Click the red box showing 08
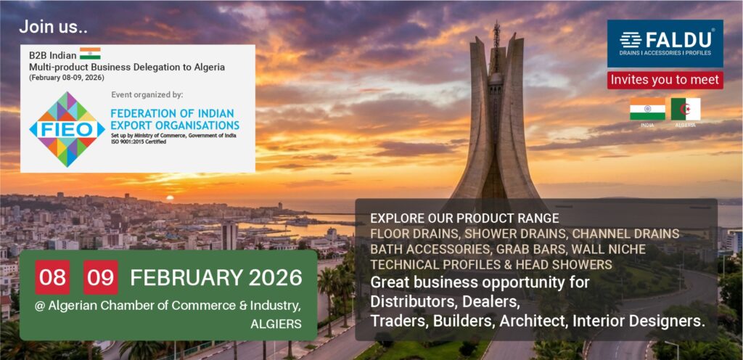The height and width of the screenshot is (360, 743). coord(52,277)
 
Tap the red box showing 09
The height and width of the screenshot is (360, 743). coord(101,277)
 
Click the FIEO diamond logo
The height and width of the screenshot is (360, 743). coord(66,129)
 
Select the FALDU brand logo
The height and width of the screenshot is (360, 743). coord(665,43)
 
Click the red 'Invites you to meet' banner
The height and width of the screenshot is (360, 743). coord(665,80)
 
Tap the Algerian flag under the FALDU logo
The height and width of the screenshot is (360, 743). coord(686,109)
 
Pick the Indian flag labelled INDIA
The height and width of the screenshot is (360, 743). coord(647,109)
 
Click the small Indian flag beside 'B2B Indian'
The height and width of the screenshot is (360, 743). coord(90,54)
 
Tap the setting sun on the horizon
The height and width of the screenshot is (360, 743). coord(170,197)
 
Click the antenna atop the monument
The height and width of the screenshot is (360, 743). coord(496,33)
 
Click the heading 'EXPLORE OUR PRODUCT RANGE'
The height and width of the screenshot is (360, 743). coord(464,218)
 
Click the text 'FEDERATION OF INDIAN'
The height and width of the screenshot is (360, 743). coord(173,114)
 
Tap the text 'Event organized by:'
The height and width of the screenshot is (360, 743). coord(147,94)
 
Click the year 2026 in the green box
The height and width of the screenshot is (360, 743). coord(274,277)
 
